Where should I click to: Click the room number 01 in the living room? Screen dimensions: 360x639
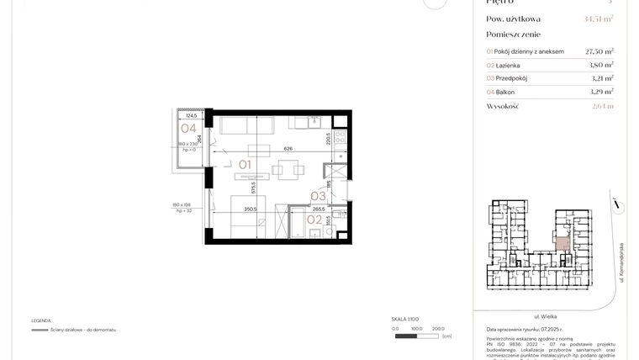coord(246,164)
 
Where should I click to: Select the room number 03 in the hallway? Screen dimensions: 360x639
coord(318,196)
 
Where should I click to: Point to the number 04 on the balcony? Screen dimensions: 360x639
coord(188,129)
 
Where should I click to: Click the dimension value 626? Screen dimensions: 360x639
coord(288,149)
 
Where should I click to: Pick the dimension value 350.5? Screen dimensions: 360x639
coord(251,209)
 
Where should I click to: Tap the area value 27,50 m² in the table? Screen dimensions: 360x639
coord(599,51)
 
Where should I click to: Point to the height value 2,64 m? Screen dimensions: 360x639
coord(603,107)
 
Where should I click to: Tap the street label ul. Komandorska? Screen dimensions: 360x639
coord(621,262)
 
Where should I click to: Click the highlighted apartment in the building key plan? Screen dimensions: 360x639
coord(562,245)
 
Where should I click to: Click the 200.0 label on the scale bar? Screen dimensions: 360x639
coord(438,329)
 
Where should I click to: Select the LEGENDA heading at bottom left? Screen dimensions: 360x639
coord(42,320)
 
